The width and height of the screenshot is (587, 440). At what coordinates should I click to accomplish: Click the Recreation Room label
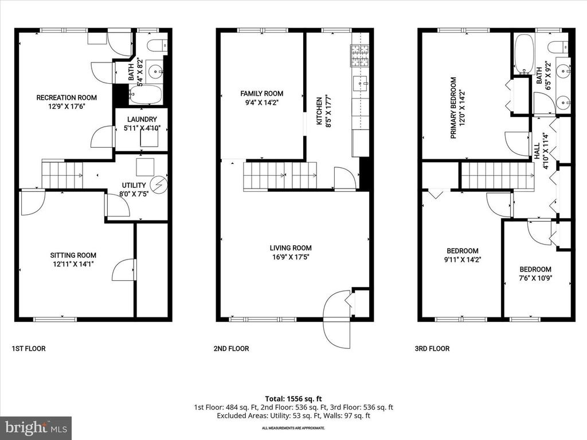(x=66, y=97)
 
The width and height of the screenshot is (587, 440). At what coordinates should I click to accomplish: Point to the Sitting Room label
(x=73, y=256)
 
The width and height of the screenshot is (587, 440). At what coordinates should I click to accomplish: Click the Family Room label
(x=262, y=93)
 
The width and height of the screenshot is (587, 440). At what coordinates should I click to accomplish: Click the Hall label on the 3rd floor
(x=537, y=151)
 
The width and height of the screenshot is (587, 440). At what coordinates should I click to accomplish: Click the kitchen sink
(x=361, y=84)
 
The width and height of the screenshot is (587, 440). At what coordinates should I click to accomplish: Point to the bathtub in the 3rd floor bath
(x=523, y=55)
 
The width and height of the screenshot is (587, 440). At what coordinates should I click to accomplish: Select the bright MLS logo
(x=36, y=427)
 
